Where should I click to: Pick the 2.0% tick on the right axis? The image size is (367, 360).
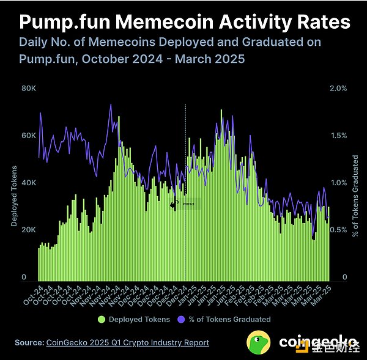[x=338, y=88]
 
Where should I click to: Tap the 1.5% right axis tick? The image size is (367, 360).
[x=338, y=135]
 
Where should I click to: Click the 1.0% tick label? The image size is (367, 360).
[x=338, y=183]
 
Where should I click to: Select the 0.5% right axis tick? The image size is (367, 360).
[x=338, y=230]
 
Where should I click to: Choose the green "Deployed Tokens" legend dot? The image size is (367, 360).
[x=102, y=319]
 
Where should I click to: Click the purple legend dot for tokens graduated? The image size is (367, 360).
[x=180, y=319]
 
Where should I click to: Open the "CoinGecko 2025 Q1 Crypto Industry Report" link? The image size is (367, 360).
[x=128, y=343]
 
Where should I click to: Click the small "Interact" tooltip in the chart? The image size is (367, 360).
[x=188, y=205]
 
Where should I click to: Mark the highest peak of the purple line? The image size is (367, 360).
[x=111, y=105]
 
